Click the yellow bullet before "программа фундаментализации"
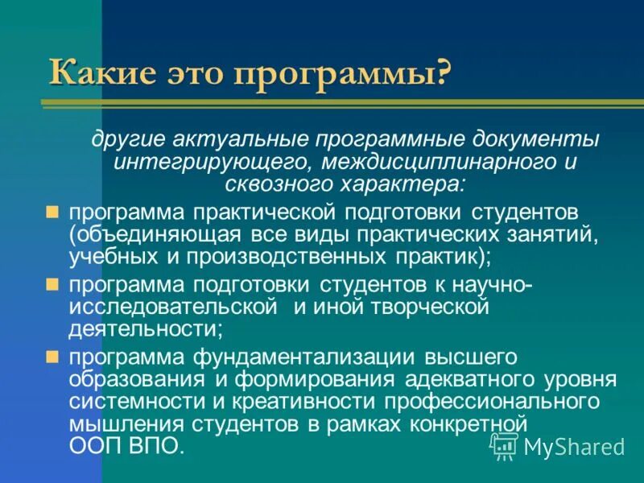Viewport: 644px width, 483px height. [x=52, y=356]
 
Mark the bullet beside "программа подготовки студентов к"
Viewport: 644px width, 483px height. [x=52, y=284]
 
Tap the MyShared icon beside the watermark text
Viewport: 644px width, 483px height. [x=505, y=445]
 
